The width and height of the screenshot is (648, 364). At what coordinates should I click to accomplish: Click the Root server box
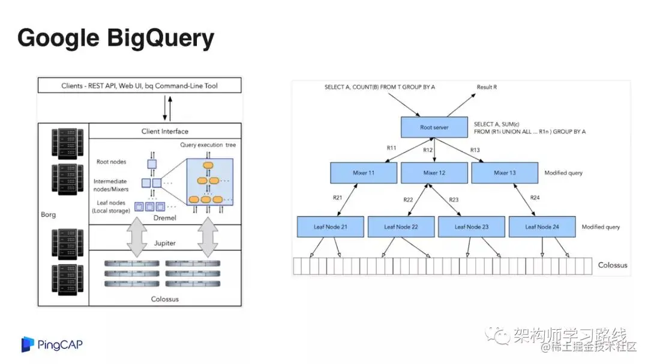point(434,127)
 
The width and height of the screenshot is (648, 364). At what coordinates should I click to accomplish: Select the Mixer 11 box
point(364,173)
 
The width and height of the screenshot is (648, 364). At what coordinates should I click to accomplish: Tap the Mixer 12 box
point(434,173)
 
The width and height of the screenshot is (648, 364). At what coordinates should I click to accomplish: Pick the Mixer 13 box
point(505,173)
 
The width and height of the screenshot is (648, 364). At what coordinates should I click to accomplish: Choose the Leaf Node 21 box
point(330,226)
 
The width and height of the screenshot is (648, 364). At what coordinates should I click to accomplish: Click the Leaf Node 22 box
point(401,226)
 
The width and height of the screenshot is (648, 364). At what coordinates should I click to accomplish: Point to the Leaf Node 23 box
point(472,226)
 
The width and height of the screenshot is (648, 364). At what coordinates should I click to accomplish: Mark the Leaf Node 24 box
point(542,226)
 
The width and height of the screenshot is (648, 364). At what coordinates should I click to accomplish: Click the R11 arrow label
point(391,147)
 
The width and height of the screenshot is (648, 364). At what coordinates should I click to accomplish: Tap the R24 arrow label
point(535,198)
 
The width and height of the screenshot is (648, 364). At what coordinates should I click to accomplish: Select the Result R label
point(487,87)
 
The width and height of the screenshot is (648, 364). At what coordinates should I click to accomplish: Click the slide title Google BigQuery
point(116,38)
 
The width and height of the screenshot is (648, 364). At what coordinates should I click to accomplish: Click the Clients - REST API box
point(139,86)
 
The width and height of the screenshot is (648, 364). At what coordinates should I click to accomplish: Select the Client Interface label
point(164,131)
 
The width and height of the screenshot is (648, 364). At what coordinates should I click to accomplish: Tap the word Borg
point(48,214)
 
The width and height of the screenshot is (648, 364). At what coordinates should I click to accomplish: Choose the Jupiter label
point(164,243)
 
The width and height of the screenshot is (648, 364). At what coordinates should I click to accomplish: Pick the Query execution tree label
point(208,145)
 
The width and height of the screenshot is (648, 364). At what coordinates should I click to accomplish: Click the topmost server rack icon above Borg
point(64,141)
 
